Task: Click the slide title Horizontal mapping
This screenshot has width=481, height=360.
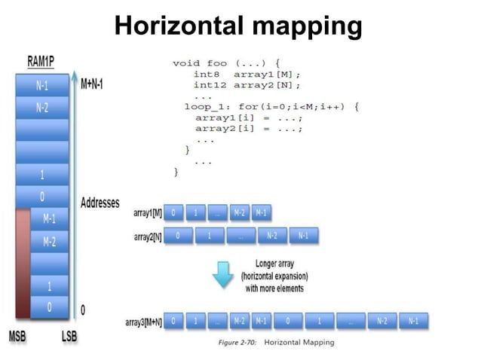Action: (238, 27)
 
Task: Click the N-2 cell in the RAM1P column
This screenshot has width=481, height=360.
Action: (42, 108)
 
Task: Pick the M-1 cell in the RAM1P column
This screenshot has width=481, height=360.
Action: (48, 219)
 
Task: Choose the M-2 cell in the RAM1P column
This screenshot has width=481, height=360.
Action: (48, 242)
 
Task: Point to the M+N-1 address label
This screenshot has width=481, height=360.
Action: (91, 84)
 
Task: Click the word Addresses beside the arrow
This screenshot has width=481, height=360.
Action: (100, 203)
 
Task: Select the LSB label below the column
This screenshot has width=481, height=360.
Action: (69, 336)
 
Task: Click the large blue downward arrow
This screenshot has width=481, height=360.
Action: (223, 275)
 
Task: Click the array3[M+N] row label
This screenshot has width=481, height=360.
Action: (142, 322)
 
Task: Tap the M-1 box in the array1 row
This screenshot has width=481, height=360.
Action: (261, 213)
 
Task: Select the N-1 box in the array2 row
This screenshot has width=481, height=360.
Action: (303, 236)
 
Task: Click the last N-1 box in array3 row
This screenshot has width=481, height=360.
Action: (414, 322)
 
